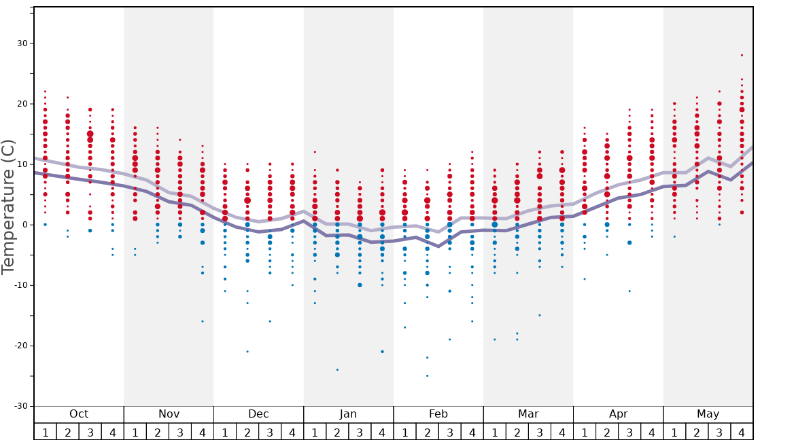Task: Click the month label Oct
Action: (79, 414)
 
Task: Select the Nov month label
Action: (169, 414)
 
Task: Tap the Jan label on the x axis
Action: (348, 414)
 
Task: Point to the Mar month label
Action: (528, 414)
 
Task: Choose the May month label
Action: (708, 414)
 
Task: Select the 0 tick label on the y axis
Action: (24, 225)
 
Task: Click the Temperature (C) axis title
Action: (8, 206)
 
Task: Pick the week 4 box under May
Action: (742, 432)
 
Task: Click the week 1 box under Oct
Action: (45, 432)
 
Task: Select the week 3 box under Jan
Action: (360, 432)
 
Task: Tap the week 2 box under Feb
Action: (427, 432)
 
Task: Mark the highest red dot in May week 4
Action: (742, 55)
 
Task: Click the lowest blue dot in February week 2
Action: (427, 375)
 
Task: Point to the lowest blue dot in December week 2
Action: (247, 351)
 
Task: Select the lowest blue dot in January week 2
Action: (337, 369)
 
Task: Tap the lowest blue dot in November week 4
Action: (203, 321)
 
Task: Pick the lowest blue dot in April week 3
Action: (629, 291)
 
